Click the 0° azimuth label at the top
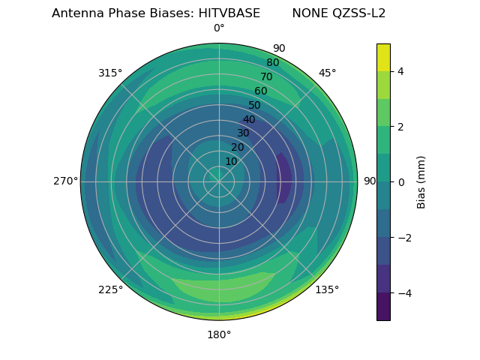point(219,28)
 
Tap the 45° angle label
point(327,73)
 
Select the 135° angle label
point(327,289)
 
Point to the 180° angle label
point(219,335)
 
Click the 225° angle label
point(110,289)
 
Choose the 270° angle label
point(66,181)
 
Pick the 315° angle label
point(110,73)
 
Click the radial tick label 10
point(231,161)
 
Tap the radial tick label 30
point(243,133)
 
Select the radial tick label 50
point(254,105)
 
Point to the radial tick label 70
point(267,76)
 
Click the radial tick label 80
point(273,62)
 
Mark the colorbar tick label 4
point(400,72)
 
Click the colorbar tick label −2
point(405,238)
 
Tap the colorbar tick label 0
point(400,182)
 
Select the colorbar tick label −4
point(405,293)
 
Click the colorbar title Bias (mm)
point(421,182)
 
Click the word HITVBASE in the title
point(229,13)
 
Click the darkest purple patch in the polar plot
point(283,178)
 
